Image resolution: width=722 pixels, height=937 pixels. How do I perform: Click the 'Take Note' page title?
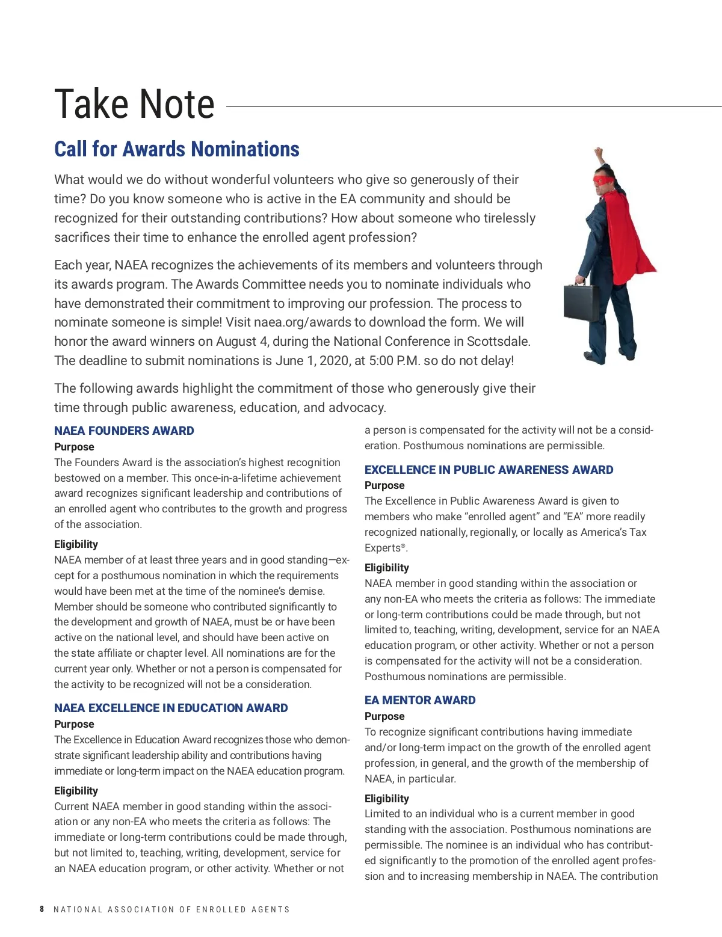(134, 104)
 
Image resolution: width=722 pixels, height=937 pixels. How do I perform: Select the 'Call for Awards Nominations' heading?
(176, 149)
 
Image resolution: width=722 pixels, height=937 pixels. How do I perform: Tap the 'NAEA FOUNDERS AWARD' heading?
(124, 431)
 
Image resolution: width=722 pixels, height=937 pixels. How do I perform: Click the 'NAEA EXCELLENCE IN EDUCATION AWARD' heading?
(171, 708)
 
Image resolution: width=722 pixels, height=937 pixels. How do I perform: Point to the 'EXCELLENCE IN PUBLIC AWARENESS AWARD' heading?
(489, 470)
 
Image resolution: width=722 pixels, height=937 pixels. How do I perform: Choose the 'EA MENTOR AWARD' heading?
(420, 700)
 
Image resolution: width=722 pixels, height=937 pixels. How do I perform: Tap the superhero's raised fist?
(597, 153)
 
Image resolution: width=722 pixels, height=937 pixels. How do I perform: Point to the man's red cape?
(632, 235)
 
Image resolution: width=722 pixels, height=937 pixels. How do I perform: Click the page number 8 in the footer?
(42, 909)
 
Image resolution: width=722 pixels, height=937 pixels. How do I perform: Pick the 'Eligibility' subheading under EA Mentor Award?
(386, 799)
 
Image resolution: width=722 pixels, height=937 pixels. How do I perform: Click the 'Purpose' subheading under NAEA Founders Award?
(74, 447)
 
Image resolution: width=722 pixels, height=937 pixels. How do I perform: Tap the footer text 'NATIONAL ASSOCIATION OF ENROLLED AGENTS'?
(171, 909)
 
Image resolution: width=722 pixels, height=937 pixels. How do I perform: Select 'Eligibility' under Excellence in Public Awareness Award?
(386, 568)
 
